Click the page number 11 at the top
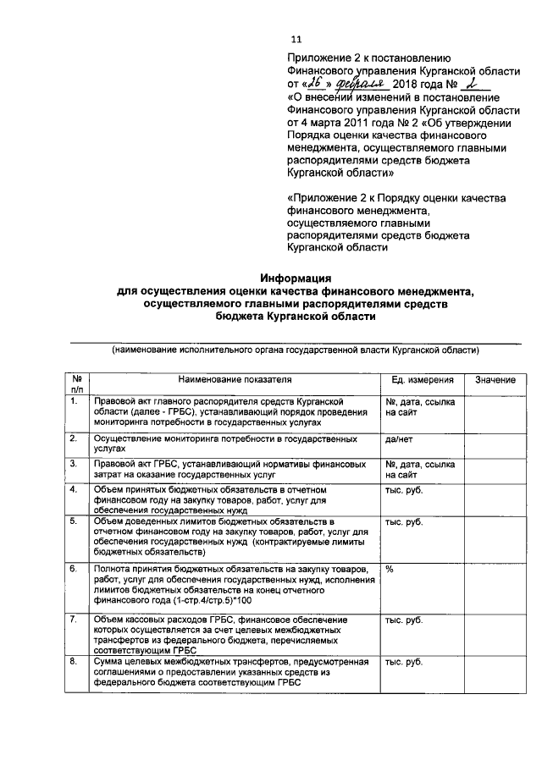pyautogui.click(x=296, y=39)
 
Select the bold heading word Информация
pyautogui.click(x=296, y=278)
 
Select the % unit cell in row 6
pyautogui.click(x=390, y=569)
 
